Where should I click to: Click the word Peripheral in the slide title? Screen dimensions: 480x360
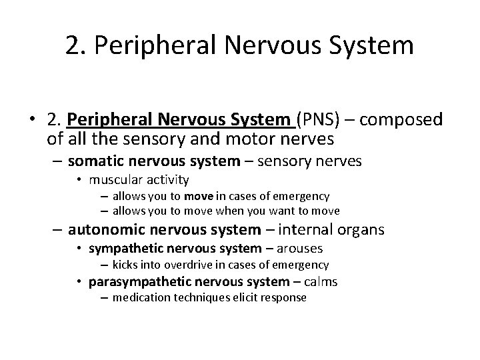pyautogui.click(x=140, y=46)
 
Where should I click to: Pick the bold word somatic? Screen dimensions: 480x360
pyautogui.click(x=93, y=161)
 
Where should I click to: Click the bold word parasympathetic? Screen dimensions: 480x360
pyautogui.click(x=133, y=281)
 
